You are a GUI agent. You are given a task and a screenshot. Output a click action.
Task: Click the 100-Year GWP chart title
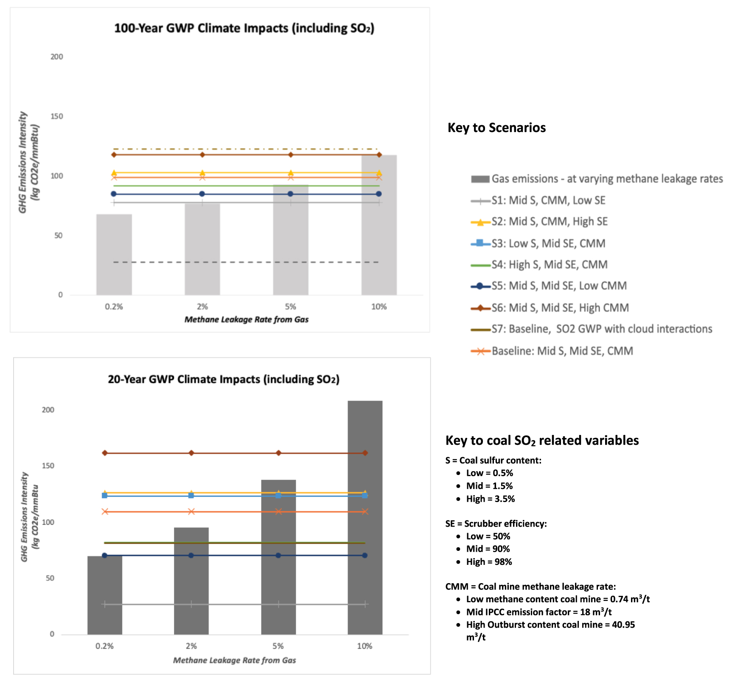tap(244, 28)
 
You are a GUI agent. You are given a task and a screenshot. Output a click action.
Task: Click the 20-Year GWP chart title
tap(224, 379)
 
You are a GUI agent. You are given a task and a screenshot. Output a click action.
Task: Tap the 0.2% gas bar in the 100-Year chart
tap(114, 255)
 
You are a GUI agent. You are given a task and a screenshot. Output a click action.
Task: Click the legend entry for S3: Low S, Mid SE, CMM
tap(548, 244)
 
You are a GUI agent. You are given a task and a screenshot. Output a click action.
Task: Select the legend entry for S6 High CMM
tap(560, 308)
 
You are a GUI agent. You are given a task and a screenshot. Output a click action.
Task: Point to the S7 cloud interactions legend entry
tap(601, 329)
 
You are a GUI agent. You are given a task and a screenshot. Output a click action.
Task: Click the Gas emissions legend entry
tap(607, 179)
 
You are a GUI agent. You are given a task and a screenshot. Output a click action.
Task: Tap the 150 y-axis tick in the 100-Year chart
tap(56, 116)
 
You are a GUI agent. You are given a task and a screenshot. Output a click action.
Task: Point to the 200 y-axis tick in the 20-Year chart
tap(48, 410)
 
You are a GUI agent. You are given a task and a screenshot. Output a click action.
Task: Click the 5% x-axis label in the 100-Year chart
tap(291, 307)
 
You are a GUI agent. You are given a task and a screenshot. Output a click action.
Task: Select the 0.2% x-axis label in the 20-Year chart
tap(104, 646)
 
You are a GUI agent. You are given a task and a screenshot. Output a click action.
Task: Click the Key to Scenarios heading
tap(496, 128)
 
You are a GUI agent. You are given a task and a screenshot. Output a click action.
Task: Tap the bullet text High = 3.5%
tap(490, 499)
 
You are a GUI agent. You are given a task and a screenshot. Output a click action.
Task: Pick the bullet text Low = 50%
tap(488, 536)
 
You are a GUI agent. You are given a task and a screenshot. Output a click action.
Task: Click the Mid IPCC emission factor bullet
tap(538, 612)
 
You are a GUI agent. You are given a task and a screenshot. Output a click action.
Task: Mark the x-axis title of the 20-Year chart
tap(234, 660)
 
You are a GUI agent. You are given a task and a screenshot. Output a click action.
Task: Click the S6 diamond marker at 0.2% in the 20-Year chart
tap(105, 453)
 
